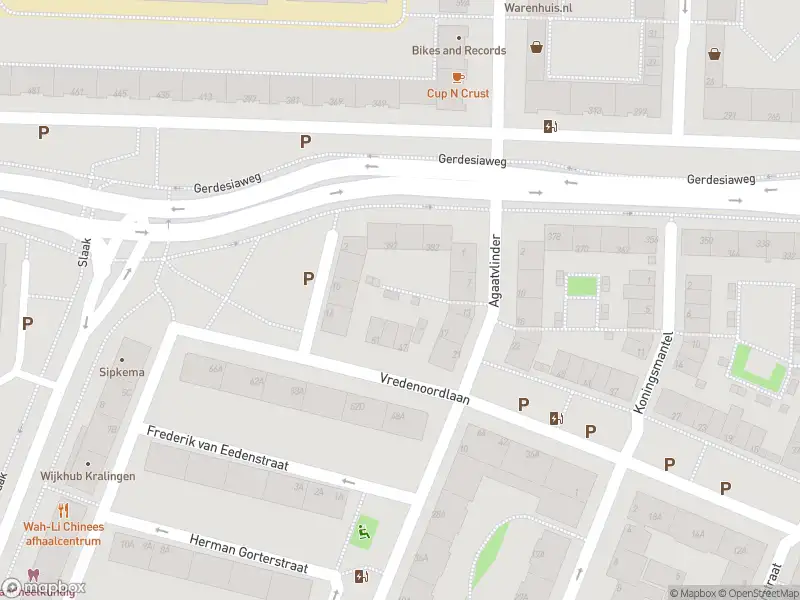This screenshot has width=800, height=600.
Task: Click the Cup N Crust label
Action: tap(458, 94)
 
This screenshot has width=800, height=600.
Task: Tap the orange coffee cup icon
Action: tap(458, 76)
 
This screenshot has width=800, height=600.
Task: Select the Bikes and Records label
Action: tap(459, 50)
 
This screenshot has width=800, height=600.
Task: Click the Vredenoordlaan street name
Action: tap(425, 388)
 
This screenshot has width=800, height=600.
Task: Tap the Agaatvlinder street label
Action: tap(493, 273)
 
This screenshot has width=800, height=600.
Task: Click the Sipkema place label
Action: tap(121, 372)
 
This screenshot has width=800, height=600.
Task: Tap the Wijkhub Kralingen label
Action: tap(88, 476)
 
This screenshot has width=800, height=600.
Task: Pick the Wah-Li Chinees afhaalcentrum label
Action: tap(64, 534)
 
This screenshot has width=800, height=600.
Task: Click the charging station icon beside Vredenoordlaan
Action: tap(555, 418)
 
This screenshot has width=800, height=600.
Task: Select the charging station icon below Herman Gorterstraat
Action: tap(360, 576)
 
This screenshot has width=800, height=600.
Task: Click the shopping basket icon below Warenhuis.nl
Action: tap(537, 46)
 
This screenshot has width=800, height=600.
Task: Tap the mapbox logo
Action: tap(44, 588)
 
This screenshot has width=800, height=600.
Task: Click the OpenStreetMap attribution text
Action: tap(757, 593)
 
